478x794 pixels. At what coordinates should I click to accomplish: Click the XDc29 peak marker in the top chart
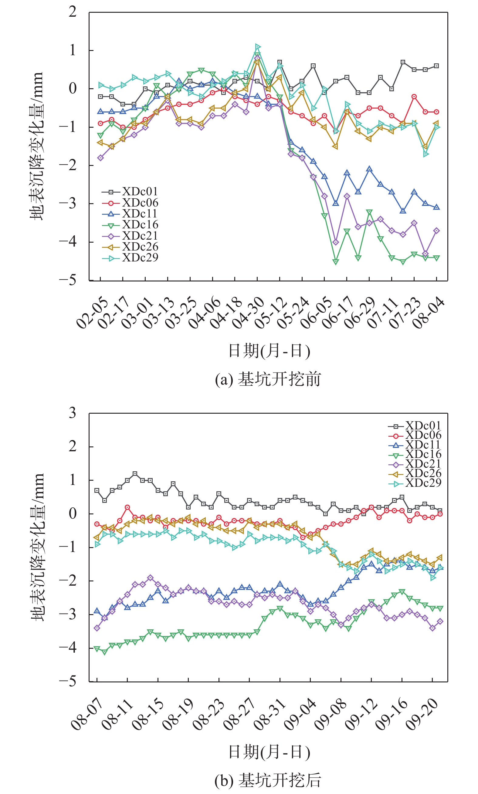click(258, 47)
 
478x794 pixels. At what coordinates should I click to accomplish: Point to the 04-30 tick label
click(248, 313)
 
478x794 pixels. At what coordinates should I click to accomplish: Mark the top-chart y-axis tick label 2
click(73, 12)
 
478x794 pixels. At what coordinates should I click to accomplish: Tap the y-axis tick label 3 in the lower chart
click(73, 413)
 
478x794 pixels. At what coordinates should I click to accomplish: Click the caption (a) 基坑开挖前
click(268, 379)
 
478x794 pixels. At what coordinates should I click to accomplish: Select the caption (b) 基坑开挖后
click(268, 780)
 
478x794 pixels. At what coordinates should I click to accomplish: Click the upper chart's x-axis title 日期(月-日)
click(269, 351)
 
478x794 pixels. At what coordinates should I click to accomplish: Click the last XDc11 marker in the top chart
click(436, 207)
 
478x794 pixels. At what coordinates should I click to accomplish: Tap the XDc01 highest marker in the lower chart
click(135, 473)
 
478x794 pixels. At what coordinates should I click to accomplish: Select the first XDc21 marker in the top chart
click(100, 158)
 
